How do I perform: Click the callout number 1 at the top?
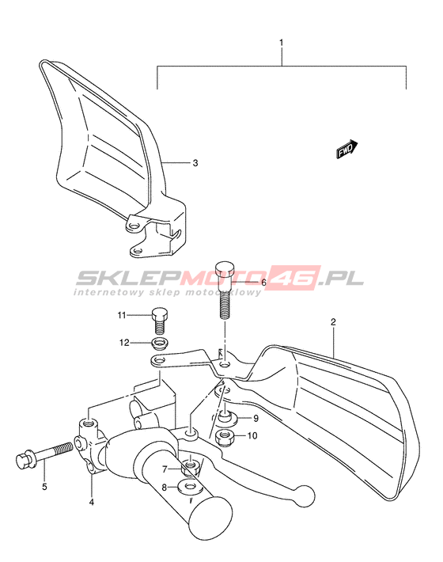click(281, 43)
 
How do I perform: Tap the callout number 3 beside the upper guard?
click(195, 163)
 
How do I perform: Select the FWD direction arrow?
click(346, 149)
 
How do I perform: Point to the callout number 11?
click(122, 315)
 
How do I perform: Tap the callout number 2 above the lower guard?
click(333, 322)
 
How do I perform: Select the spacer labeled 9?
click(226, 418)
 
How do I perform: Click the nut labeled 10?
click(225, 437)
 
